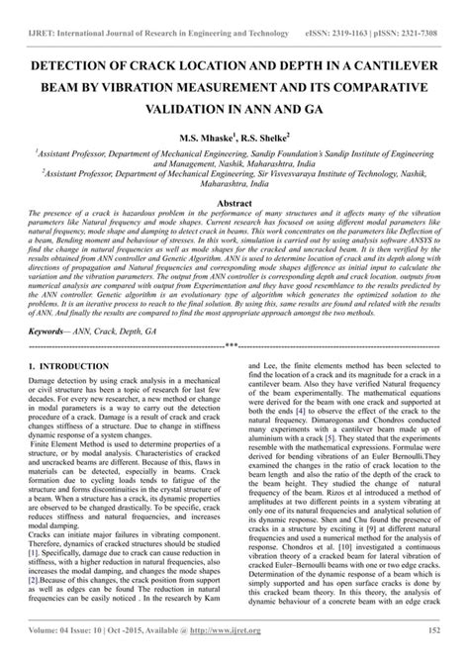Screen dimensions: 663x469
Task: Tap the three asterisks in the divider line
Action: pyautogui.click(x=234, y=346)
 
